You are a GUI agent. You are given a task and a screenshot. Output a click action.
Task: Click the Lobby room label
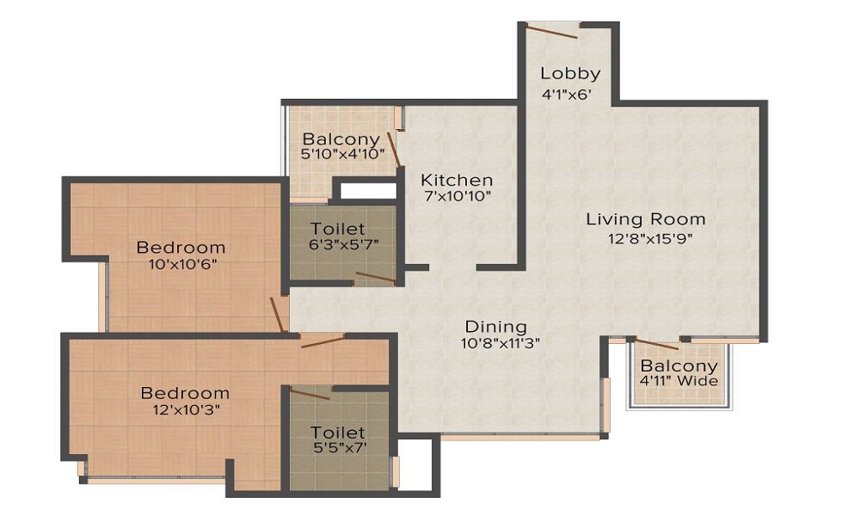(570, 73)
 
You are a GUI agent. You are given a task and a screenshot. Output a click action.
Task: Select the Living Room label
(645, 219)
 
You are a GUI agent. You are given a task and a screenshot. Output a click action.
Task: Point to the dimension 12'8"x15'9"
(645, 239)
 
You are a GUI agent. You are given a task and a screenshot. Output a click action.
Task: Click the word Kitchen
(457, 180)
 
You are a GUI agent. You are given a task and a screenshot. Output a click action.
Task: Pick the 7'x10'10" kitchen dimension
(457, 197)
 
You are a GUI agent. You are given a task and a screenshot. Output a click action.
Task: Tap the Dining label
(495, 327)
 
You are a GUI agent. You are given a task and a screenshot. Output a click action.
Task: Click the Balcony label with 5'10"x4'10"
(341, 139)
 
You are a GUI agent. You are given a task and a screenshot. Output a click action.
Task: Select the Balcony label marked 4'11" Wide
(679, 366)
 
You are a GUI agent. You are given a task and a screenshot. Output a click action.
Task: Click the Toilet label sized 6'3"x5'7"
(338, 229)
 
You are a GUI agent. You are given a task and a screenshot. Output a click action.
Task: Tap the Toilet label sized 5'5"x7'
(338, 432)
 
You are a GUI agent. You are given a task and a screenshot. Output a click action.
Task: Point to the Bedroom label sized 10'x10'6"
(181, 248)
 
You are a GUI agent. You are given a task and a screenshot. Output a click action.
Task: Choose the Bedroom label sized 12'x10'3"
(185, 393)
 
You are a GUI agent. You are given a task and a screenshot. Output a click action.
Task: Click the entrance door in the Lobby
(552, 31)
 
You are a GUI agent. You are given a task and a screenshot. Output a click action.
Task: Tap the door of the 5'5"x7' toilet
(310, 394)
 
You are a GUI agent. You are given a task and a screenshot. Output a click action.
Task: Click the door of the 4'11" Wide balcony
(658, 343)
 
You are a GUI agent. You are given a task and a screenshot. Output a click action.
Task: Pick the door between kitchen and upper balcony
(394, 148)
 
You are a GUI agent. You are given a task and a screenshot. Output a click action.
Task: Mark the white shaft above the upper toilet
(365, 190)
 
